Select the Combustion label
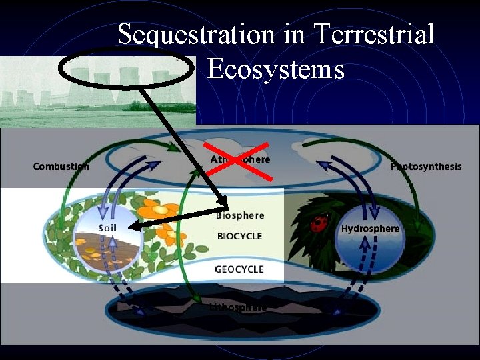(61, 166)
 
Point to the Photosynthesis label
(426, 166)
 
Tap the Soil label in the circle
(107, 227)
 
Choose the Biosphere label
(239, 215)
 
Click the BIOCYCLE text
(239, 235)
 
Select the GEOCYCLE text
(239, 269)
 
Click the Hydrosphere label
(370, 229)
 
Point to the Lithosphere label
(238, 307)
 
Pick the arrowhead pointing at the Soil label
(134, 227)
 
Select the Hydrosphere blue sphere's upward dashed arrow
(365, 251)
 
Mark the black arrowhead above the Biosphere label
(222, 201)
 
